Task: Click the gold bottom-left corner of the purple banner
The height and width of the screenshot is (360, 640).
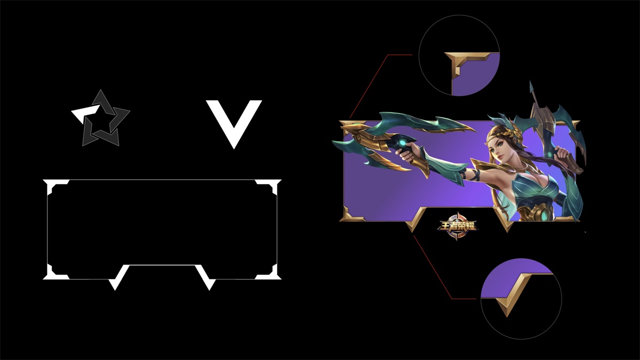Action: point(350,215)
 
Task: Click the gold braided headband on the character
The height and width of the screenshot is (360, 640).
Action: point(497,135)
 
